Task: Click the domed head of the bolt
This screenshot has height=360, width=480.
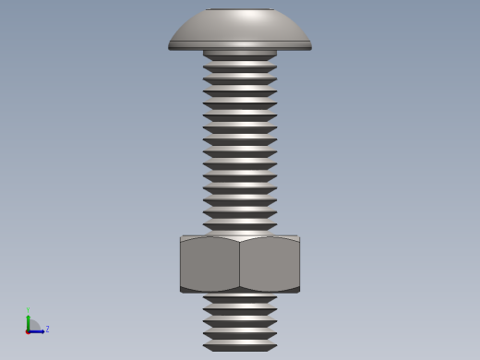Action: click(240, 28)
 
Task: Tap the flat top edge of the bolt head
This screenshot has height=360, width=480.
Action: click(240, 9)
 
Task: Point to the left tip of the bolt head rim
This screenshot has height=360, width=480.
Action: click(170, 46)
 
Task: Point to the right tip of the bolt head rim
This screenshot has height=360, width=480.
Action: click(310, 46)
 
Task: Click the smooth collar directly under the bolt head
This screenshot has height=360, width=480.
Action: click(240, 54)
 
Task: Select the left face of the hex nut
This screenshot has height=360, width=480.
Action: click(210, 265)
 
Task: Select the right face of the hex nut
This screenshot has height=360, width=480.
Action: click(270, 265)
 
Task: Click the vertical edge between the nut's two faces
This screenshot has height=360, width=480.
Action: click(239, 265)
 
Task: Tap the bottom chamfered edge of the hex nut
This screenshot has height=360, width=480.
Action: click(240, 290)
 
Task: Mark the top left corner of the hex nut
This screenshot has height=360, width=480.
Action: click(181, 238)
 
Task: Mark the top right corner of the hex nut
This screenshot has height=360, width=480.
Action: click(299, 238)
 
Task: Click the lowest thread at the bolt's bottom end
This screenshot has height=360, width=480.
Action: click(240, 347)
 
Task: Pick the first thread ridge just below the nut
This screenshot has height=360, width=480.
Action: click(240, 300)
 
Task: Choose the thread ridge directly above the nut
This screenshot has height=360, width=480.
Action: click(240, 226)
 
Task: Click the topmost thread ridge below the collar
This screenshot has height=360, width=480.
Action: click(240, 68)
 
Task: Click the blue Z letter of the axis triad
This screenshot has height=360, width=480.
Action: click(47, 329)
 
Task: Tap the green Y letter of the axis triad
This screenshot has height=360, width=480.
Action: click(29, 310)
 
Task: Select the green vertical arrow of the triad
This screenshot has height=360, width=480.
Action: click(29, 321)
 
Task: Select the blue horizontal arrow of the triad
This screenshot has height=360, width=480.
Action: click(37, 330)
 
